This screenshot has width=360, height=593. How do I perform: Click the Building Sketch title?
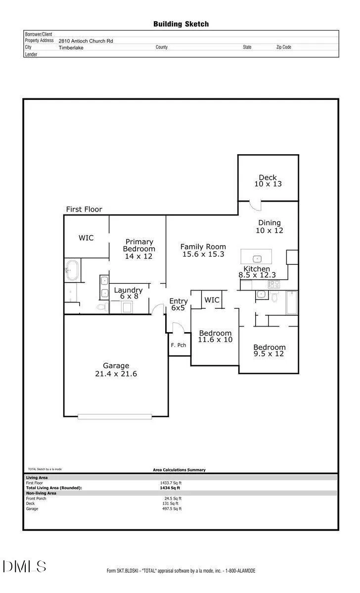click(x=181, y=24)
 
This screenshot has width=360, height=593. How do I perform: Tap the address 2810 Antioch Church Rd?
click(x=86, y=41)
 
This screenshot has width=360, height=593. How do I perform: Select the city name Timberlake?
click(x=71, y=47)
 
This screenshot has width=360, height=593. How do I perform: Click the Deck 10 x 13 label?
click(x=268, y=180)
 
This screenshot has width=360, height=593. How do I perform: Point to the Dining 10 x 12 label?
click(x=270, y=227)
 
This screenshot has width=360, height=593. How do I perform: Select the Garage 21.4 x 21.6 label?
click(x=116, y=370)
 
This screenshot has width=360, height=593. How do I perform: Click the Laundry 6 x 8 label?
click(x=129, y=293)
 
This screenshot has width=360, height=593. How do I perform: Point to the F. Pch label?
click(x=179, y=345)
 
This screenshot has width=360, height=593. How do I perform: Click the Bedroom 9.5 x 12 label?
click(x=269, y=350)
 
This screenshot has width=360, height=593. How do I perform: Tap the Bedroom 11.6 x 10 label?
click(x=216, y=336)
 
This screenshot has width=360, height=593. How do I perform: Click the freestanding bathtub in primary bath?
click(x=72, y=270)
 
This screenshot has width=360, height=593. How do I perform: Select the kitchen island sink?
click(x=257, y=258)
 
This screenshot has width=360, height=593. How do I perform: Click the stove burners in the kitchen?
click(x=273, y=284)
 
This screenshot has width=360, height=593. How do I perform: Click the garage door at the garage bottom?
click(x=115, y=417)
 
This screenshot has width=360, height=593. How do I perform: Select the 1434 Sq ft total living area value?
click(x=170, y=488)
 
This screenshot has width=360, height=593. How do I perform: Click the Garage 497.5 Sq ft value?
click(x=172, y=508)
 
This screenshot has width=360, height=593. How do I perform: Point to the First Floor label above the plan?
click(x=84, y=210)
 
